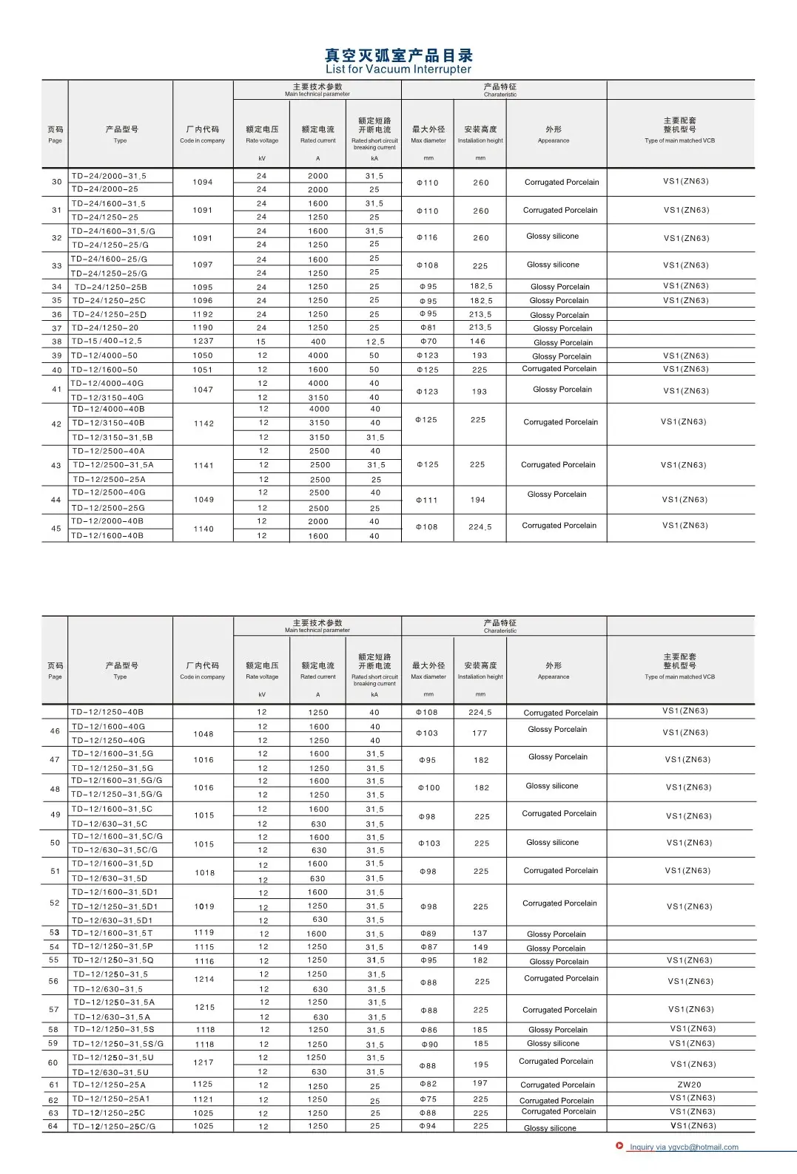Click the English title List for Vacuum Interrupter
pos(398,69)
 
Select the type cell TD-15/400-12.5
pos(107,342)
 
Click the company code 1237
pos(203,342)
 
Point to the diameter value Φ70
pos(428,342)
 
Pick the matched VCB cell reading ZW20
pos(689,1085)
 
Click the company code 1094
pos(203,182)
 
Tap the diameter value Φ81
pos(428,328)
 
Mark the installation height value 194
pos(478,500)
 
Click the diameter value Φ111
pos(427,500)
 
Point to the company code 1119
pos(204,933)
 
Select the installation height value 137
pos(480,933)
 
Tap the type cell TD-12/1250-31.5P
pos(112,946)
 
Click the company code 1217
pos(204,1062)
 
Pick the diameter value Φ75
pos(428,1099)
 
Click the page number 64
pos(53,1126)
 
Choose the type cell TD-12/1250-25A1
pos(111,1099)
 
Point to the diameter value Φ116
pos(427,237)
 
